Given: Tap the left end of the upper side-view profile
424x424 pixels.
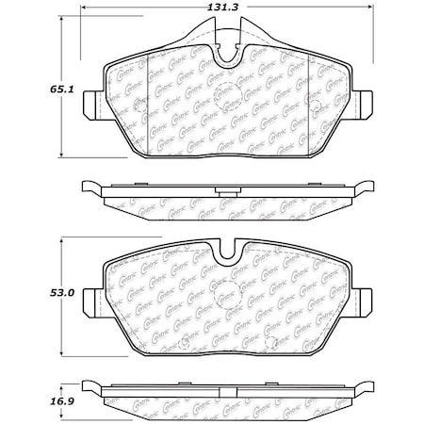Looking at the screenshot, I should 85,188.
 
